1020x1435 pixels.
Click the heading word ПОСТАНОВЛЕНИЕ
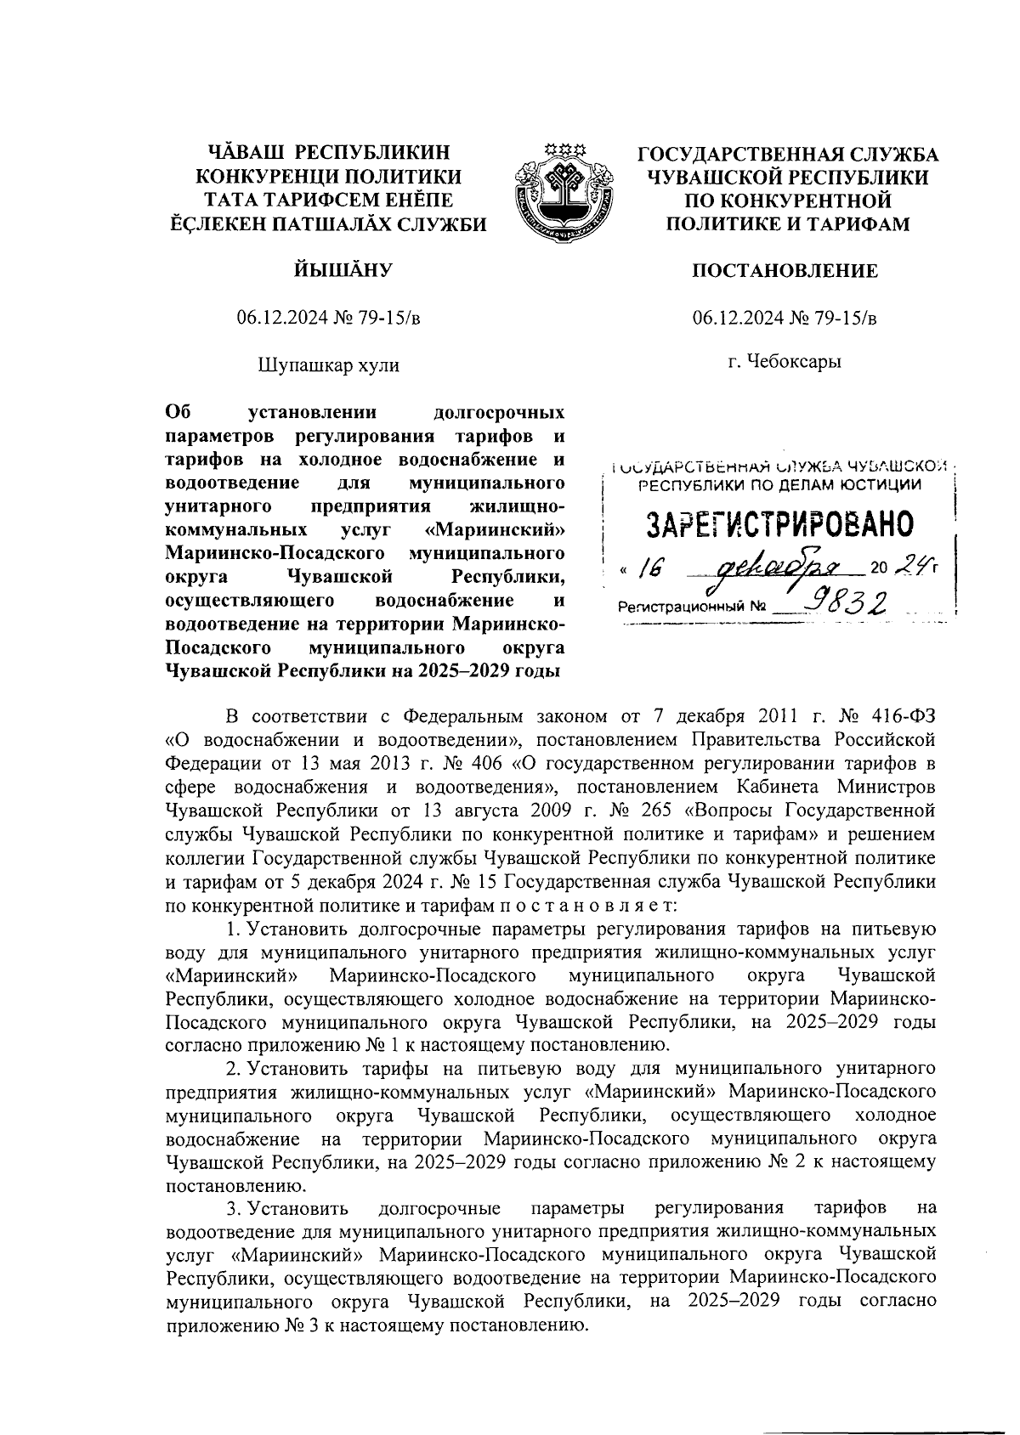(785, 271)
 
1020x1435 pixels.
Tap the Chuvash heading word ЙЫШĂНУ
(328, 271)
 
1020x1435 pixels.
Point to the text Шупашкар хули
(328, 365)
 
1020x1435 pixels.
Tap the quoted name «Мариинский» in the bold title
(495, 530)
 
